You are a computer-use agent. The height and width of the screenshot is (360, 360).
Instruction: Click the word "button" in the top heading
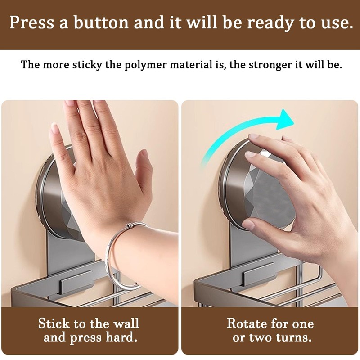pyautogui.click(x=101, y=22)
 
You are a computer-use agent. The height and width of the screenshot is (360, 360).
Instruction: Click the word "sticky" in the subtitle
pyautogui.click(x=87, y=65)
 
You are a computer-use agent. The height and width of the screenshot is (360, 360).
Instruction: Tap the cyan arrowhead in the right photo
pyautogui.click(x=284, y=119)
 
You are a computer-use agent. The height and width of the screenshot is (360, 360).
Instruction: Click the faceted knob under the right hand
pyautogui.click(x=266, y=190)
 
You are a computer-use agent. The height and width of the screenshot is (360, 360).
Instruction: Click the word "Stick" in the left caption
pyautogui.click(x=54, y=324)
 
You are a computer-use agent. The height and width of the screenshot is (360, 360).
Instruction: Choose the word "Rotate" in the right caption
pyautogui.click(x=246, y=324)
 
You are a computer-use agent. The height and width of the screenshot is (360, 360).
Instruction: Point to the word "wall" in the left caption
pyautogui.click(x=126, y=324)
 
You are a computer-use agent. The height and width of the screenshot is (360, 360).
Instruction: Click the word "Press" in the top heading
pyautogui.click(x=32, y=22)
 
